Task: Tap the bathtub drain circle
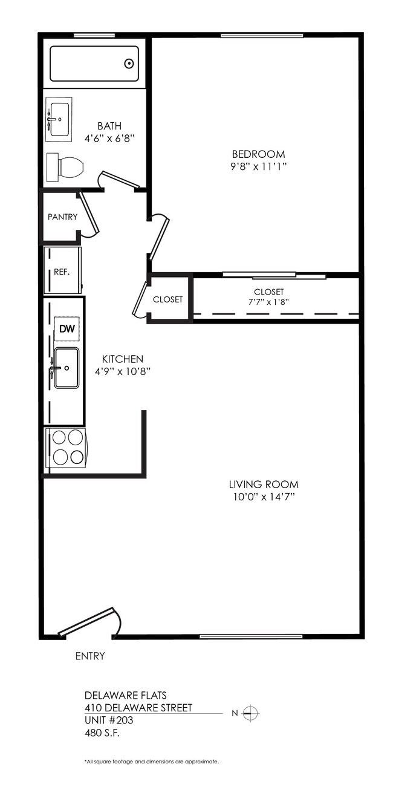(x=129, y=64)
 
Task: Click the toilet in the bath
(x=65, y=166)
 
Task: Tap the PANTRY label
(x=62, y=217)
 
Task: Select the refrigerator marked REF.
(x=62, y=271)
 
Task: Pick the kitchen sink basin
(x=66, y=367)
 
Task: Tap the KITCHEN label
(x=122, y=359)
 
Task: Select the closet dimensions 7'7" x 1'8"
(x=269, y=302)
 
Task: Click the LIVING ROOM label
(x=264, y=485)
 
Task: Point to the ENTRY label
(x=89, y=656)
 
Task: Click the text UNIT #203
(x=109, y=720)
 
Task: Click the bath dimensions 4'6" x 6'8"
(x=109, y=138)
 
